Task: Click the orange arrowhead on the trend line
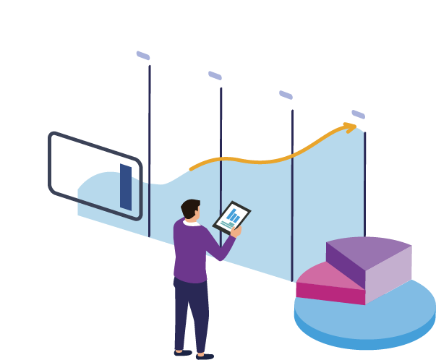click(351, 127)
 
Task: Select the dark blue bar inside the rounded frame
click(126, 187)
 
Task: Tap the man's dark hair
click(189, 207)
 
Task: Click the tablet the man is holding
click(231, 217)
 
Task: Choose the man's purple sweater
click(189, 249)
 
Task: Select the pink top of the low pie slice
click(318, 275)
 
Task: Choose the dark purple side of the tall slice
click(346, 265)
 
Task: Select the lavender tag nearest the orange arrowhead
click(358, 114)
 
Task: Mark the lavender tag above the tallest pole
click(143, 56)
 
